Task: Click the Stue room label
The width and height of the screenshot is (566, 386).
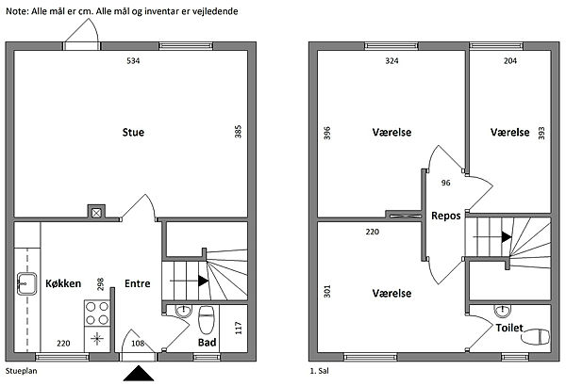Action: point(133,132)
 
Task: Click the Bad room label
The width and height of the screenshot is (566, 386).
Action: point(208,343)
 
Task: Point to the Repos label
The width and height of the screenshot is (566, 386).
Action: point(445,216)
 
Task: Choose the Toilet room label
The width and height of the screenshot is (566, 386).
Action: point(509,330)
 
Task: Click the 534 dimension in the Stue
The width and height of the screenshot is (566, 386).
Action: point(134,61)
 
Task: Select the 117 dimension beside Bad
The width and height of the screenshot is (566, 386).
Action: point(239,329)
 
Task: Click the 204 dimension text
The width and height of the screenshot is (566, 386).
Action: point(510,61)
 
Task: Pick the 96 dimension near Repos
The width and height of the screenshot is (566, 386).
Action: point(445,183)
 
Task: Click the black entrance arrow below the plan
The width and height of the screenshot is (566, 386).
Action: point(138,374)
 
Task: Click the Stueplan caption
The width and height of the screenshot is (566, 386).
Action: point(21,373)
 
